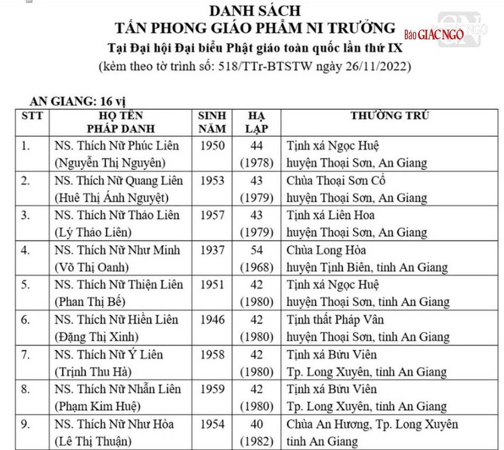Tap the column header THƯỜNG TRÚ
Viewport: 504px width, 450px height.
389,116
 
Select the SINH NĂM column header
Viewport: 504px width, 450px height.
212,122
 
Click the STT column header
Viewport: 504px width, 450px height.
32,116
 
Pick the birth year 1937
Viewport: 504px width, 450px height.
212,250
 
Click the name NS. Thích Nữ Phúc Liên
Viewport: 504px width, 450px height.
117,145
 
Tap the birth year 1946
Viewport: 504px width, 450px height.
212,320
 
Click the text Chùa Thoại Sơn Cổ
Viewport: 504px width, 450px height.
336,180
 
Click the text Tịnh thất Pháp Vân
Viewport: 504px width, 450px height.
335,320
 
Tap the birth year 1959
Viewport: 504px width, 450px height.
212,390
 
